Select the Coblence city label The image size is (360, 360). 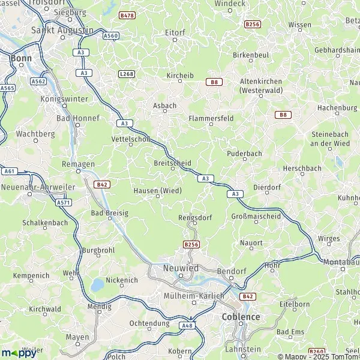point(241,316)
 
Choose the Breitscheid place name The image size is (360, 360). point(173,163)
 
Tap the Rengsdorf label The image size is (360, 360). point(193,218)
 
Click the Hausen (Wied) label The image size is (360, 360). point(158,191)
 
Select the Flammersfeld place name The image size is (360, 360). point(211,119)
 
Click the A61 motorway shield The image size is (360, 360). point(8,171)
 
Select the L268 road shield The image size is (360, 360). point(126,73)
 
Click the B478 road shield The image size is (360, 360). point(127,15)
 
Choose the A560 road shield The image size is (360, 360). point(110,36)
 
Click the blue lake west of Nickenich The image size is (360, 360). point(96,285)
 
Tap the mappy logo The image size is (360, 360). point(19,352)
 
